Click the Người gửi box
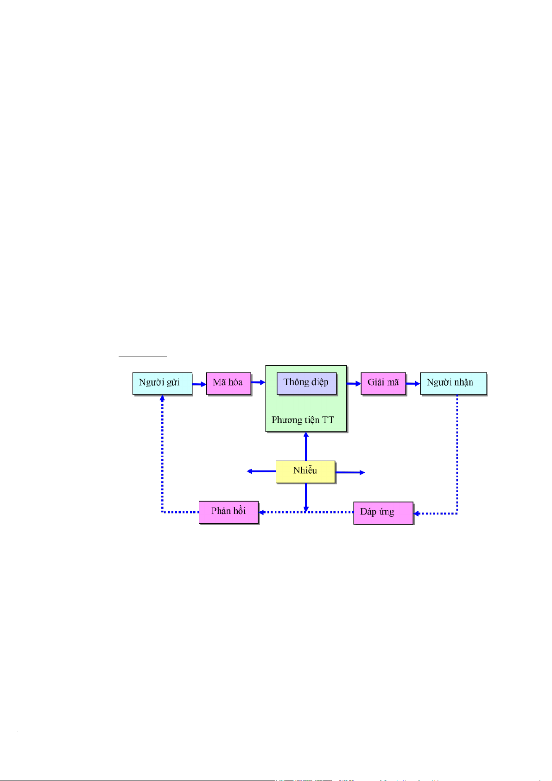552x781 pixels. click(x=162, y=383)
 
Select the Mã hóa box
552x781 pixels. click(x=228, y=383)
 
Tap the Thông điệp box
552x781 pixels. click(x=306, y=383)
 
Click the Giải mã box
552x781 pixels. click(x=383, y=383)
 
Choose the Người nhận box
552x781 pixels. click(x=453, y=383)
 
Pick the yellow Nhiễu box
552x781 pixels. click(x=305, y=471)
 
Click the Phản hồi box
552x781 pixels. click(x=228, y=512)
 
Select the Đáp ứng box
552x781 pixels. click(x=383, y=513)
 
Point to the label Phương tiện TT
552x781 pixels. click(x=303, y=420)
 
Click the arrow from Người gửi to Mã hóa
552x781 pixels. click(x=199, y=384)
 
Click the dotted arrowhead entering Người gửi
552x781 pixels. click(x=162, y=398)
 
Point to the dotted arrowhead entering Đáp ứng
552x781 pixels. click(x=417, y=514)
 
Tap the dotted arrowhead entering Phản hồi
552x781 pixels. click(x=262, y=512)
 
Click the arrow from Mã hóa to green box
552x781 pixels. click(x=259, y=382)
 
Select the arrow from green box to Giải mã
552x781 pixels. click(x=354, y=383)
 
